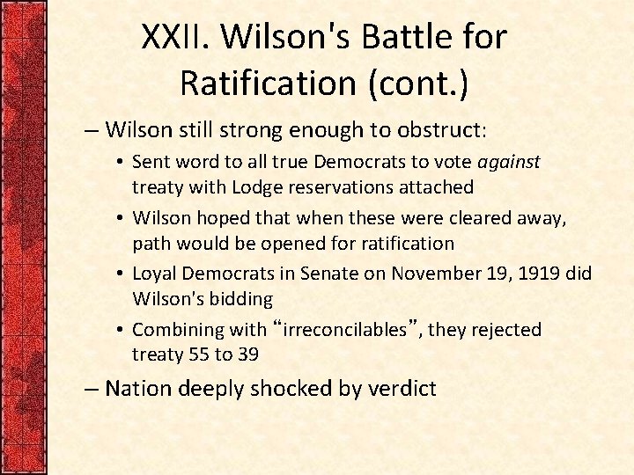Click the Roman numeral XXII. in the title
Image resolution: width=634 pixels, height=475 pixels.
coord(178,37)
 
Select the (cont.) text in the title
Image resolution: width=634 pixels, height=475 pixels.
coord(413,83)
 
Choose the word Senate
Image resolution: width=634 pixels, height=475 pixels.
coord(328,274)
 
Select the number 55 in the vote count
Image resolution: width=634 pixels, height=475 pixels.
coord(199,354)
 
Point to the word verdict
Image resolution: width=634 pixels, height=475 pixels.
coord(401,389)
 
